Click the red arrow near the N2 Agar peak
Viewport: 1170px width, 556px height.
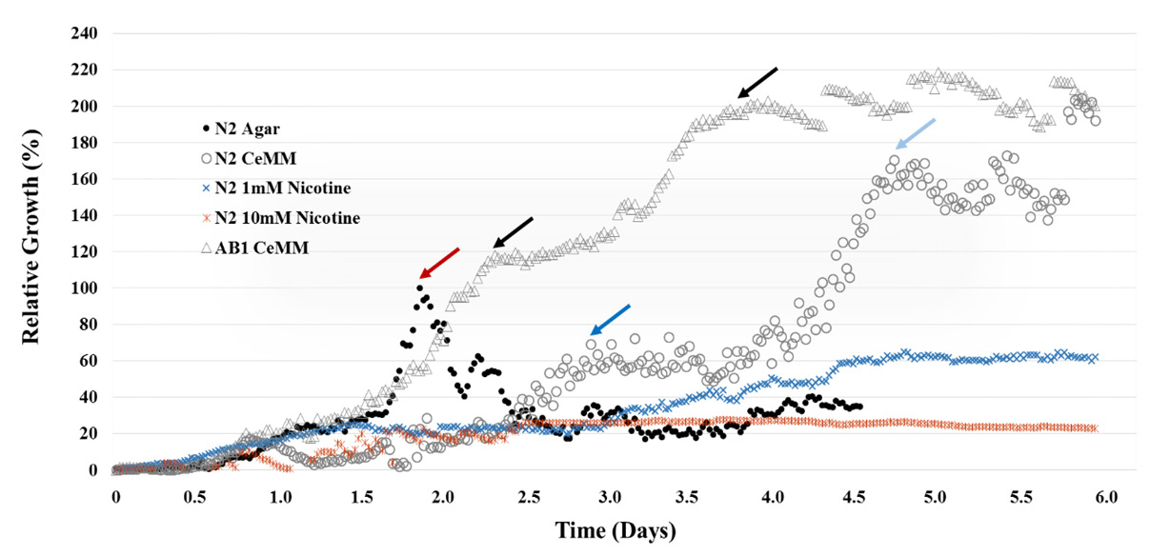click(x=439, y=263)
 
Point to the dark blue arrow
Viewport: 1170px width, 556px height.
click(x=610, y=320)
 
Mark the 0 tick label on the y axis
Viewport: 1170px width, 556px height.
click(x=93, y=469)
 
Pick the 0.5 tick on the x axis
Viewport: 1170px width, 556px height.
click(x=197, y=498)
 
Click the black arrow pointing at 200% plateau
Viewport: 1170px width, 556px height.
click(x=758, y=83)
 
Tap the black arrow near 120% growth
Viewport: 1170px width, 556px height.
click(x=513, y=232)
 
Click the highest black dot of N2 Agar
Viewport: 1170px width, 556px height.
click(x=419, y=288)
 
